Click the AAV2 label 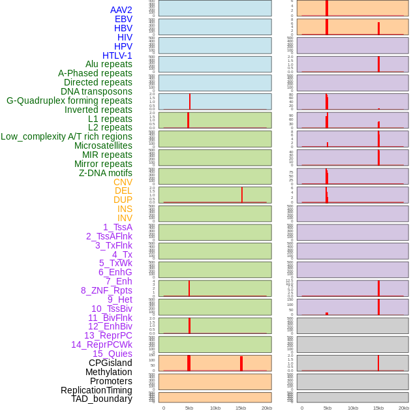(x=121, y=10)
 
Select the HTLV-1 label (x=117, y=55)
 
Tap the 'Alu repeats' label (x=109, y=64)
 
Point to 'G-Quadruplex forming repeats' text (x=69, y=100)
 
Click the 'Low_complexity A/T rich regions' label (x=67, y=136)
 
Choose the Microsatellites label (x=103, y=145)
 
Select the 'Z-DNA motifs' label (x=106, y=173)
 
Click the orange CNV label (x=123, y=182)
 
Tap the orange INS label (x=125, y=209)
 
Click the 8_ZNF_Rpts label (x=106, y=290)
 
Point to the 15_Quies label (x=112, y=354)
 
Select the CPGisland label (x=110, y=363)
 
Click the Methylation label (x=109, y=372)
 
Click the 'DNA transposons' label (x=97, y=91)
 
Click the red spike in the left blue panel (x=190, y=102)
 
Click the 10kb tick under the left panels (x=215, y=408)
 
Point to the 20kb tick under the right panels (x=404, y=408)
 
